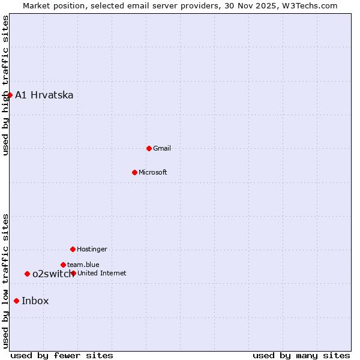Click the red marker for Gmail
149,148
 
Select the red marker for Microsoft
134,172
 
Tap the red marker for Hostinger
73,249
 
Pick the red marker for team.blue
63,265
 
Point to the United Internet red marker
73,273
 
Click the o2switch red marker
27,274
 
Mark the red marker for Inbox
16,301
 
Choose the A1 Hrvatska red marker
10,95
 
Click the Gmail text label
162,148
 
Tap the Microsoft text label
153,172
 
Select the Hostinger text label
92,249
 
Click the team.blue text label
83,265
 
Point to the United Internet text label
102,273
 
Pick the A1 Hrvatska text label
44,95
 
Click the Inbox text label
35,301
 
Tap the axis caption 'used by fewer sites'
62,355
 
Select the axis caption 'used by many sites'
301,355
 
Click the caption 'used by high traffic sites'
5,85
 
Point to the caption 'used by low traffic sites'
5,281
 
